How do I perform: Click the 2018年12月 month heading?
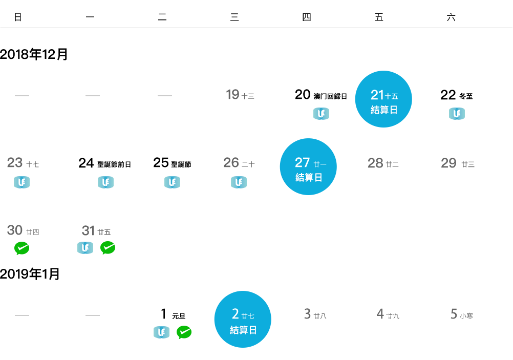pos(34,54)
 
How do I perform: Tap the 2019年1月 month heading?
pos(30,274)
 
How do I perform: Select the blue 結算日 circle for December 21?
pos(383,99)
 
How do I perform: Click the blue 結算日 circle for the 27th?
pos(308,167)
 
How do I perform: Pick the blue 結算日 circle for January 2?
pos(243,319)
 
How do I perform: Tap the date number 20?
pos(303,95)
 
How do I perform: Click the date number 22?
pos(448,95)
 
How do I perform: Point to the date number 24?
pos(86,163)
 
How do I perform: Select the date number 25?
pos(161,163)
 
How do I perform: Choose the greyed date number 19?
pos(232,95)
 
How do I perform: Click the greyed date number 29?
pos(448,163)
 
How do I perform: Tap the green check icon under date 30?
pos(22,248)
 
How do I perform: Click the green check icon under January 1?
pos(184,332)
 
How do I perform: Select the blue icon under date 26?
pos(239,182)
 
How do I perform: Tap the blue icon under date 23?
pos(22,182)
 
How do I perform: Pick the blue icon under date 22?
pos(457,114)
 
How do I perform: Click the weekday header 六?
pos(451,17)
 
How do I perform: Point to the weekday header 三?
pos(234,17)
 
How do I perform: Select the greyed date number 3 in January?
pos(307,314)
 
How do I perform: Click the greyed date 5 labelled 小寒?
pos(454,314)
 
